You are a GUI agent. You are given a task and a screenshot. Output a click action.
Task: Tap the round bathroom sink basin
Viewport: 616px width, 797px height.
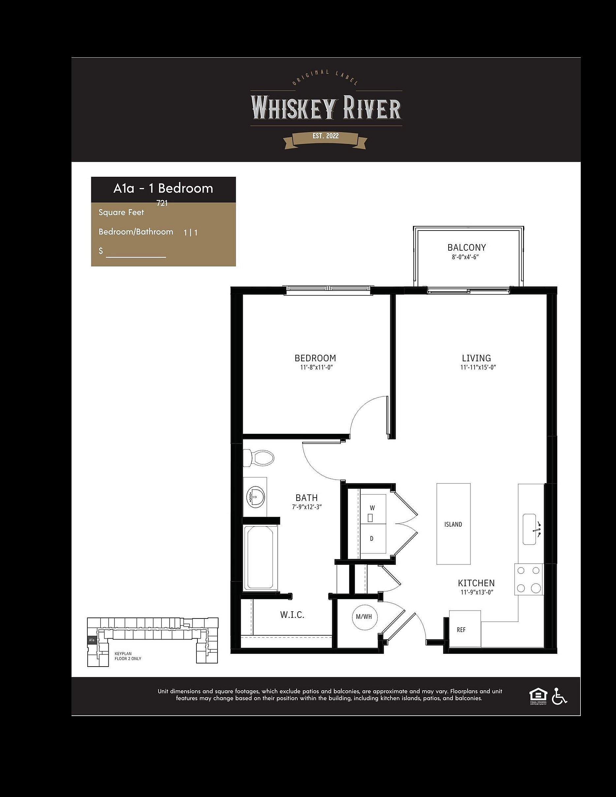pyautogui.click(x=257, y=497)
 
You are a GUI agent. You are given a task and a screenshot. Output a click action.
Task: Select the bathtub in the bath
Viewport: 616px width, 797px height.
pyautogui.click(x=260, y=557)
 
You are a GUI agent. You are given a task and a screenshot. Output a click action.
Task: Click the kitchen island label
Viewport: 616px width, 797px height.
pyautogui.click(x=453, y=524)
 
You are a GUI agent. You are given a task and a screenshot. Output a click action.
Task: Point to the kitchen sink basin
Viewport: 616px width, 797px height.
pyautogui.click(x=529, y=529)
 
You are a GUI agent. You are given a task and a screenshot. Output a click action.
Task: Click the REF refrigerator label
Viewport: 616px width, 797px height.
pyautogui.click(x=461, y=630)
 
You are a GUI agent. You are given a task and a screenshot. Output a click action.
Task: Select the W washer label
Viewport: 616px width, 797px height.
pyautogui.click(x=372, y=508)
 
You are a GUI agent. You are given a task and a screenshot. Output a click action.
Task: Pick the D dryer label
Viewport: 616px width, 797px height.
pyautogui.click(x=372, y=538)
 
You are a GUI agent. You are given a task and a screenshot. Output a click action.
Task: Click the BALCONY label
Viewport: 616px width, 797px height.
pyautogui.click(x=467, y=247)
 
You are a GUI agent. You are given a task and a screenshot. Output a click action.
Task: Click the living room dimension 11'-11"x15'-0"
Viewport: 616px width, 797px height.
pyautogui.click(x=478, y=368)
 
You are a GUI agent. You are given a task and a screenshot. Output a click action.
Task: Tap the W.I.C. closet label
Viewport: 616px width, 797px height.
pyautogui.click(x=292, y=615)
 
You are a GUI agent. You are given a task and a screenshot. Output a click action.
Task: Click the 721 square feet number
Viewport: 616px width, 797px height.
pyautogui.click(x=162, y=203)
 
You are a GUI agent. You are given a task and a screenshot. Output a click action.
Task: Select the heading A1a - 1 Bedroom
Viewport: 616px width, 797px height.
pyautogui.click(x=163, y=188)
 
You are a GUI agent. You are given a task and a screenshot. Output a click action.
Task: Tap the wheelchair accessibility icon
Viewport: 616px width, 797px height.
pyautogui.click(x=559, y=696)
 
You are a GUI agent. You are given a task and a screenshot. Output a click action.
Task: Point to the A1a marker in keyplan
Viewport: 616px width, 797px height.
pyautogui.click(x=92, y=640)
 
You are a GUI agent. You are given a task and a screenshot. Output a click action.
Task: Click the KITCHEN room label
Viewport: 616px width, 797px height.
pyautogui.click(x=476, y=583)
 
